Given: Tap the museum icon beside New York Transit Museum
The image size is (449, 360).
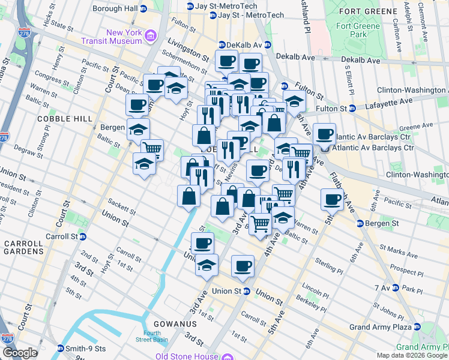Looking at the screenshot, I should point(150,38).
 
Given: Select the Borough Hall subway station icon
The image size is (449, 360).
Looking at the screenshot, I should point(143,9).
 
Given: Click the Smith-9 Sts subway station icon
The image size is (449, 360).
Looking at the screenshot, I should point(60,349).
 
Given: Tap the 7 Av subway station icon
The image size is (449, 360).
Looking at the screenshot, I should point(396,289).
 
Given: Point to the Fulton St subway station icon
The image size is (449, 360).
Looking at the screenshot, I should point(352,109).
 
